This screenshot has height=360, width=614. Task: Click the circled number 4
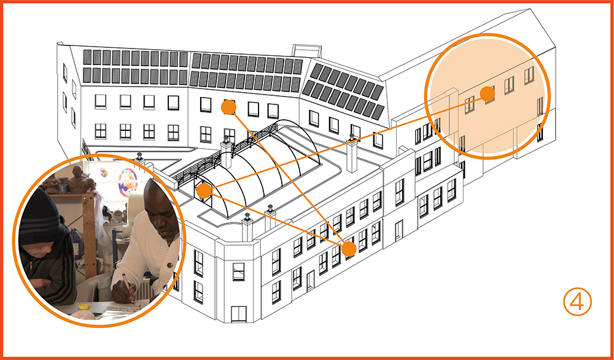click(577, 302)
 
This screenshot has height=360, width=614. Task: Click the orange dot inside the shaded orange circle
click(487, 94)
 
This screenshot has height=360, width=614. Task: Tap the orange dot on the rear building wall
click(228, 108)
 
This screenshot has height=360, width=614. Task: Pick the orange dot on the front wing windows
click(349, 249)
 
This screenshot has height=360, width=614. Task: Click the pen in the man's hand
click(127, 284)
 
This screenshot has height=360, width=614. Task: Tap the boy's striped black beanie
click(41, 216)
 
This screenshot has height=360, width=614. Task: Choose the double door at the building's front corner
click(238, 313)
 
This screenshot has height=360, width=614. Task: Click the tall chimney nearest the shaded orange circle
click(352, 157)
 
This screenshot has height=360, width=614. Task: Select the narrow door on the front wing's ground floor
click(311, 280)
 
